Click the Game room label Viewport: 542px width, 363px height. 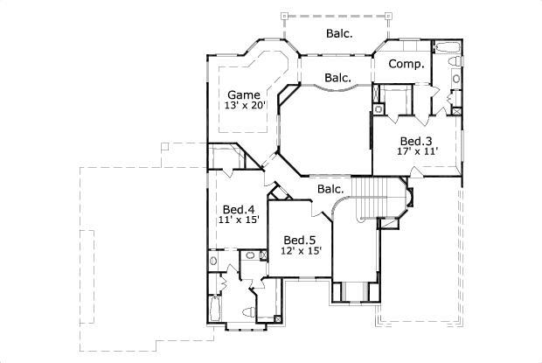pyautogui.click(x=245, y=94)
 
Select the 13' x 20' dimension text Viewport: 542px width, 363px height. pyautogui.click(x=245, y=105)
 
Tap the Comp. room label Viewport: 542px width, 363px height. pyautogui.click(x=406, y=64)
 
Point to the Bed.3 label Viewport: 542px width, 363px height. pyautogui.click(x=416, y=140)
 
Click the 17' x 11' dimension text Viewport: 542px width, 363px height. pyautogui.click(x=417, y=151)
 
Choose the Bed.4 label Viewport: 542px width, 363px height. pyautogui.click(x=238, y=210)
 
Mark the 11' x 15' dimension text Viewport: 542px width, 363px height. pyautogui.click(x=238, y=221)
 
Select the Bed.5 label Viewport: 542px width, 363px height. pyautogui.click(x=300, y=240)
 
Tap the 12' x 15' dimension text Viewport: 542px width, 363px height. pyautogui.click(x=301, y=251)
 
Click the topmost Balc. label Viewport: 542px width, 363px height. pyautogui.click(x=339, y=34)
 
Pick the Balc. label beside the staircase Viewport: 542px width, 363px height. pyautogui.click(x=330, y=189)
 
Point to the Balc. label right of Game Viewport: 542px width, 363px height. pyautogui.click(x=338, y=78)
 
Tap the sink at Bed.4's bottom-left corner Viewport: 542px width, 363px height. pyautogui.click(x=214, y=261)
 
